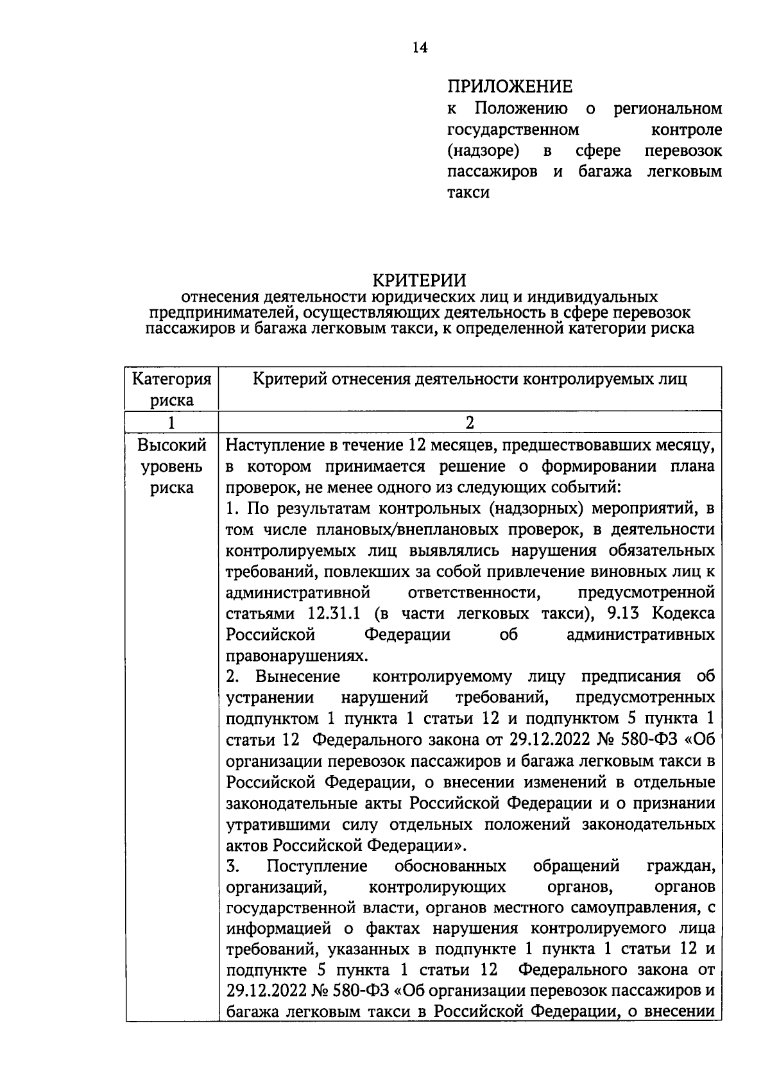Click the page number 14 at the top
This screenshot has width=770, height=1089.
tap(420, 47)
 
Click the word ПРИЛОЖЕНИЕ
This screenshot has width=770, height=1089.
tap(509, 86)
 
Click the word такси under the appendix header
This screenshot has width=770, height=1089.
tap(468, 193)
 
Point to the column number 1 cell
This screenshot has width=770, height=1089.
tap(171, 422)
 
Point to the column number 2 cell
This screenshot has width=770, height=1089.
tap(470, 422)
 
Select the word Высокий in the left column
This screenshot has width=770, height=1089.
tap(172, 445)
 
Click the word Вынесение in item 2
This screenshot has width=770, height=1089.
tap(297, 677)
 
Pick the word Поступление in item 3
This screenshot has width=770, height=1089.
tap(317, 867)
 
